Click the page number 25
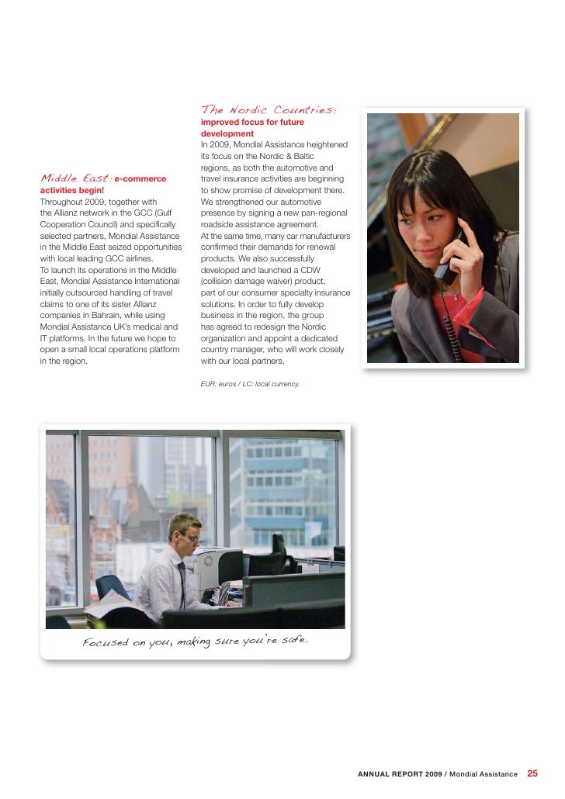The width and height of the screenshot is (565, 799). click(532, 773)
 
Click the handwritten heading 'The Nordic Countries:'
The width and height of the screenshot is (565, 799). click(268, 110)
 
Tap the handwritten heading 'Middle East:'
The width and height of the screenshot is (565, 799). click(75, 179)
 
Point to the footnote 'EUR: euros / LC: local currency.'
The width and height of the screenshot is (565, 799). click(250, 384)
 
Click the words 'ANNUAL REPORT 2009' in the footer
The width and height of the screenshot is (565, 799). click(400, 774)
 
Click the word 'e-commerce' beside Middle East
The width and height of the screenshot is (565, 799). click(141, 179)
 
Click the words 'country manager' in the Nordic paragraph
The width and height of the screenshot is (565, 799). click(235, 350)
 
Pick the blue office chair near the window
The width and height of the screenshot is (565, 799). click(113, 585)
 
